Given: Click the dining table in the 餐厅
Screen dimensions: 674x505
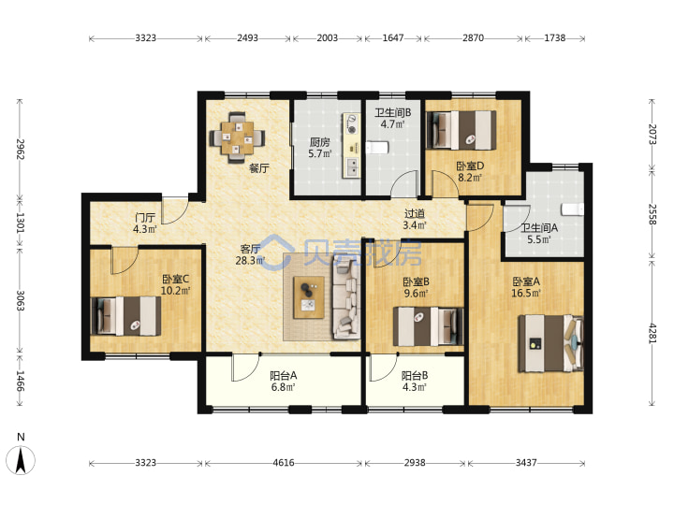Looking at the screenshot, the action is pos(237,137).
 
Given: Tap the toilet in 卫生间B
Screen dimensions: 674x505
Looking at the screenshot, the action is pos(377,148).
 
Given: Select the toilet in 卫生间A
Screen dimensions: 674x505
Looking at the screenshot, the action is pos(573,209).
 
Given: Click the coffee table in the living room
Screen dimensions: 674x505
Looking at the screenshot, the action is pos(308,297).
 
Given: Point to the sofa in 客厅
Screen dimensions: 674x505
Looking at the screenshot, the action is pos(346,298).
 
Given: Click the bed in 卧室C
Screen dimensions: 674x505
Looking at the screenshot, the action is pos(126,316).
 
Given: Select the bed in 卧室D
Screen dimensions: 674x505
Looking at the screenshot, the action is pos(461,130).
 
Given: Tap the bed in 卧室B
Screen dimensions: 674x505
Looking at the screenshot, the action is pos(429,326).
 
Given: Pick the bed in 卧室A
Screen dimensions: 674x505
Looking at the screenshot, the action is pos(551,343).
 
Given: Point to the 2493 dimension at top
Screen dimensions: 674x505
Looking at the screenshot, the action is pos(247,38).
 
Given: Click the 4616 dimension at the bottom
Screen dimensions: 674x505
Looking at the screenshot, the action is pos(284,463).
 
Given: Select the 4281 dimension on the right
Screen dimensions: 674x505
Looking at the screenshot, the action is pos(652,333).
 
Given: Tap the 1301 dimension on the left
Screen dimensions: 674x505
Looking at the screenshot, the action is pos(20,223).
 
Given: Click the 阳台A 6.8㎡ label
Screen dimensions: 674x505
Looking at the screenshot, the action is pos(284,382).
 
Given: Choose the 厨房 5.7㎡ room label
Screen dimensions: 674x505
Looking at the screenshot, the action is pos(320,148).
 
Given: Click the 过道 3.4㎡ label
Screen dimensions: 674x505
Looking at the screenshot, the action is pos(415,219).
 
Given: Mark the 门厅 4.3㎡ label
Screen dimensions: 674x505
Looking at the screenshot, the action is pos(145,224).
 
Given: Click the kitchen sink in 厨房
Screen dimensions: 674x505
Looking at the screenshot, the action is pos(353,166).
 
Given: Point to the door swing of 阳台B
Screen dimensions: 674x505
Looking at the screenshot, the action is pos(383,368).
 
